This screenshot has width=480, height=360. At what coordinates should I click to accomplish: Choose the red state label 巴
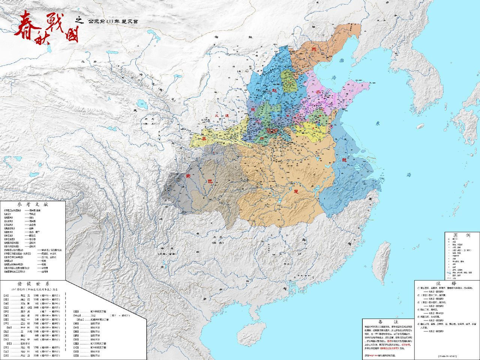[x=210, y=181]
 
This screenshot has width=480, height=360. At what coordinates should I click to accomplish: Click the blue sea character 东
[x=377, y=123]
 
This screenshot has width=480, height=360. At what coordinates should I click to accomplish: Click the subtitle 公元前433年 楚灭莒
[x=112, y=22]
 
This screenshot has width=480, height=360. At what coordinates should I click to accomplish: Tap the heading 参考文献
[x=33, y=205]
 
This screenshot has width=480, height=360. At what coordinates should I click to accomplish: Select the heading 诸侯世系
[x=34, y=283]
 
